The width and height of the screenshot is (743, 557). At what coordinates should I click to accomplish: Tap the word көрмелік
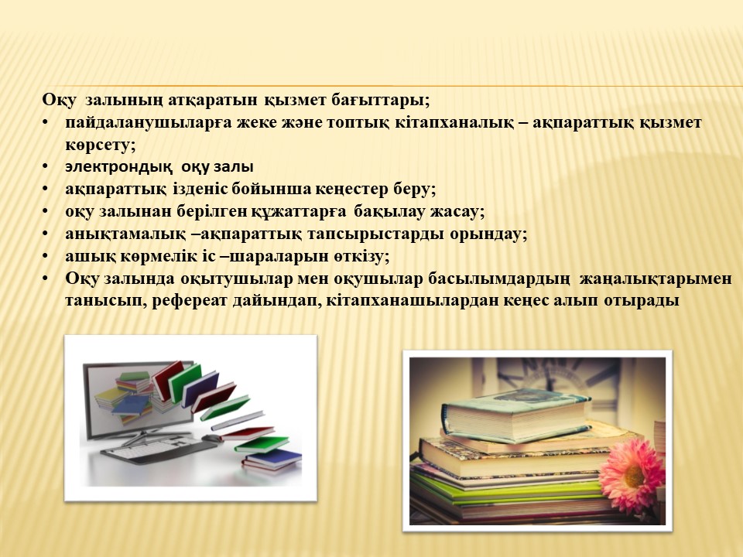pyautogui.click(x=155, y=256)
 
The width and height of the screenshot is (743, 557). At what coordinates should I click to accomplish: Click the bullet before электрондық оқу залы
pyautogui.click(x=45, y=167)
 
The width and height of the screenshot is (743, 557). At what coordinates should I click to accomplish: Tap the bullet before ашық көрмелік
pyautogui.click(x=45, y=256)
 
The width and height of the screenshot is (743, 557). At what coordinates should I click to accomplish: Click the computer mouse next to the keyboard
pyautogui.click(x=212, y=438)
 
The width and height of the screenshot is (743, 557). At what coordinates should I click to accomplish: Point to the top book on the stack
pyautogui.click(x=516, y=415)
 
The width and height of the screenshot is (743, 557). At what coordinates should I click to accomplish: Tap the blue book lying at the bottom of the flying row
pyautogui.click(x=273, y=460)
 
